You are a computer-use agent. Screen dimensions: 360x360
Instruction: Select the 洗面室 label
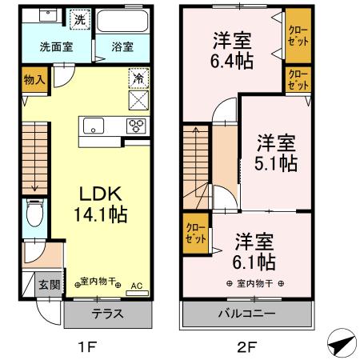coord(56,46)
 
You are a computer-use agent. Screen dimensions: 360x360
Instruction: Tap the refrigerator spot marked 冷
coord(137,80)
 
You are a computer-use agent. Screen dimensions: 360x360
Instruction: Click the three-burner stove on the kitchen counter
coord(136,126)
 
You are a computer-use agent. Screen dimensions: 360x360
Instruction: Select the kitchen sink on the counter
coord(94,126)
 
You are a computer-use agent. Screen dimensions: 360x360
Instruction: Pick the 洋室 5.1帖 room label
coord(276,153)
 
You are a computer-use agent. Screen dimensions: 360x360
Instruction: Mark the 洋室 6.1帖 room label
coord(255,251)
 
